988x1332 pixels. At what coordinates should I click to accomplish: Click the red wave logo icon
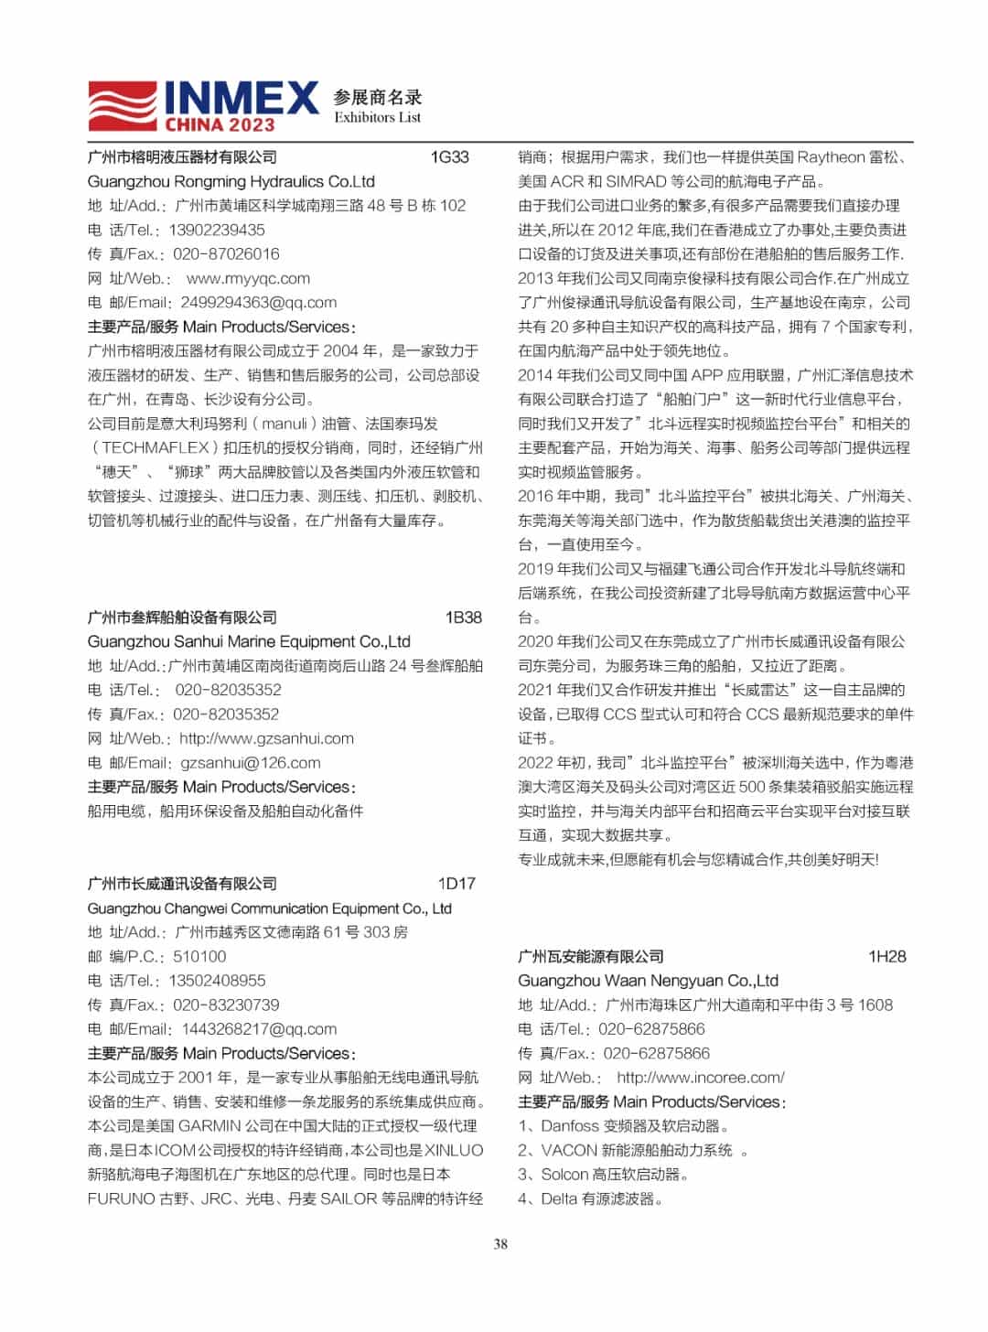pos(123,105)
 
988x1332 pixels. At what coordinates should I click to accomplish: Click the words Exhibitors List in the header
pos(377,118)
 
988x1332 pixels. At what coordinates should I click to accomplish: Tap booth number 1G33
pos(449,157)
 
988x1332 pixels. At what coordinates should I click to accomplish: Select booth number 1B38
pos(463,618)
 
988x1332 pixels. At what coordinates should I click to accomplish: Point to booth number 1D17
pos(456,884)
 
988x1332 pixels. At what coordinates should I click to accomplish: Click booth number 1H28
pos(886,957)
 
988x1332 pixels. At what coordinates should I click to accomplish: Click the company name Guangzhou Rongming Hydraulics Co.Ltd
pos(231,181)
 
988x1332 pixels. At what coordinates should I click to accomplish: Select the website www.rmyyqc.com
pos(248,278)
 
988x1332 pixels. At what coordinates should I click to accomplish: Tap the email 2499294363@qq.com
pos(259,303)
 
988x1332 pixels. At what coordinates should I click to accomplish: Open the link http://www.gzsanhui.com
pos(266,738)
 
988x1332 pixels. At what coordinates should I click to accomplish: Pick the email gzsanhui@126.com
pos(251,763)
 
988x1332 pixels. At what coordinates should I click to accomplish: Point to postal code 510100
pos(199,957)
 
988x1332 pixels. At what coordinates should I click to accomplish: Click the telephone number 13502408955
pos(217,981)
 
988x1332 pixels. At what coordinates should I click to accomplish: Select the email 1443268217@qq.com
pos(259,1029)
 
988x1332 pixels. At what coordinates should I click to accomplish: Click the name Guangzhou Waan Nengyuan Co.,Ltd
pos(648,981)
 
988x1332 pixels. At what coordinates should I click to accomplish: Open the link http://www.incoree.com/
pos(700,1078)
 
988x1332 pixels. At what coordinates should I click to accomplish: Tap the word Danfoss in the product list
pos(570,1126)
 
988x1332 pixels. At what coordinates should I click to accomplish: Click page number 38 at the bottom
pos(500,1244)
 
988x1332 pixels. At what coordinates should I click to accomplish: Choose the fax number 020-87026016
pos(226,254)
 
